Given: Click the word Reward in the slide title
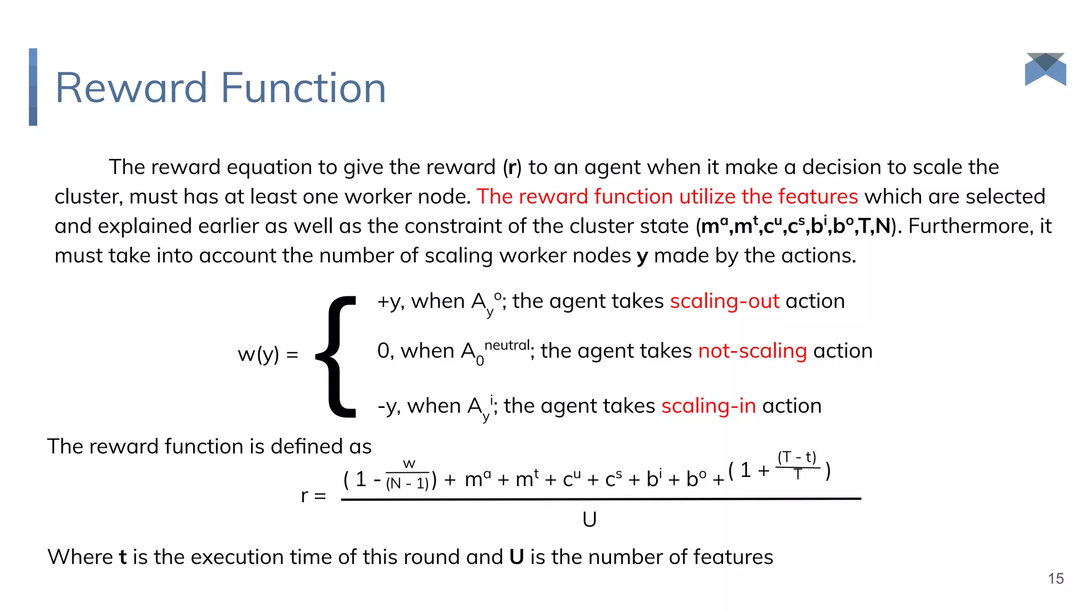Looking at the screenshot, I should click(131, 88).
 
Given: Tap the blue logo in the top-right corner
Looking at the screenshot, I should click(1045, 70).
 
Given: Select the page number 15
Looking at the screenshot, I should click(1056, 579).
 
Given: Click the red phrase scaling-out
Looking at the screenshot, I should click(724, 301).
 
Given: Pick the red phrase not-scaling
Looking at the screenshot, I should click(752, 351).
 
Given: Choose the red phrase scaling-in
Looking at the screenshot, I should click(708, 406).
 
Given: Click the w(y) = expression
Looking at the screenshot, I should click(267, 354).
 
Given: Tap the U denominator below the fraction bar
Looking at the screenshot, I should click(589, 520).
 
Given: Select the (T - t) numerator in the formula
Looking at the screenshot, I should click(797, 457).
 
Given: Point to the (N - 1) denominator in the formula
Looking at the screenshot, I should click(407, 483).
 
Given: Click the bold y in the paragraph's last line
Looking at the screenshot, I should click(642, 257).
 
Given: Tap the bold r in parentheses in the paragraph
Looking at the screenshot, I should click(512, 167).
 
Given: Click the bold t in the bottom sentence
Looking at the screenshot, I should click(122, 557).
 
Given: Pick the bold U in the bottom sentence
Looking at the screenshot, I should click(516, 557).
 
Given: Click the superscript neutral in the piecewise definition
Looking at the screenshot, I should click(507, 345).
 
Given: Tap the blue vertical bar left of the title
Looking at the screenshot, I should click(33, 87).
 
